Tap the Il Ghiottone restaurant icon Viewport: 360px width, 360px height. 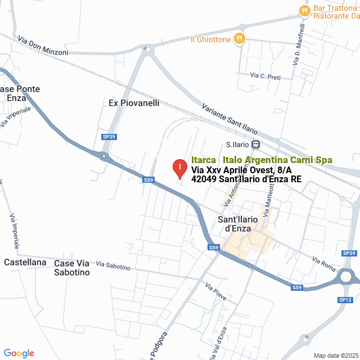click(240, 39)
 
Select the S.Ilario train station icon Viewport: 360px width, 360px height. click(255, 144)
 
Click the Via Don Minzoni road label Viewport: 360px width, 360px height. click(43, 46)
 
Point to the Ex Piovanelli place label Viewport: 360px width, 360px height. click(134, 103)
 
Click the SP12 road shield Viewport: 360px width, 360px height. click(345, 300)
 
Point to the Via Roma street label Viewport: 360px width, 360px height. click(323, 263)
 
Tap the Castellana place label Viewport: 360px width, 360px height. click(25, 262)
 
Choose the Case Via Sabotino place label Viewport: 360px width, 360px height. click(71, 268)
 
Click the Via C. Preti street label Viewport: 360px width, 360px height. click(265, 76)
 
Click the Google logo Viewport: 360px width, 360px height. click(19, 353)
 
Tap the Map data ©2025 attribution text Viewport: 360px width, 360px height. click(336, 355)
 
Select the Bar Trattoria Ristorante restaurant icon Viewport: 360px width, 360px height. click(304, 10)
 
